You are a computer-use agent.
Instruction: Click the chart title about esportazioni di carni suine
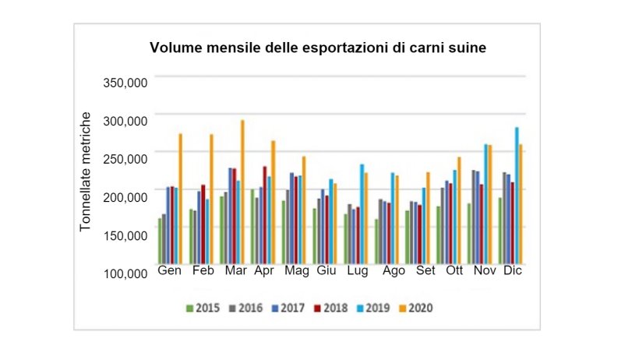(318, 48)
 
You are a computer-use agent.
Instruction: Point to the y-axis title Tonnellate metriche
(86, 171)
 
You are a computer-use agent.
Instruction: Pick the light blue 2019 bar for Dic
(517, 196)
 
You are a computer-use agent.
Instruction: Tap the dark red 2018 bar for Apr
(264, 215)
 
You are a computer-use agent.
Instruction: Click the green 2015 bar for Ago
(376, 242)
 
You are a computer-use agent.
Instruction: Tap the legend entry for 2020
(417, 308)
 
